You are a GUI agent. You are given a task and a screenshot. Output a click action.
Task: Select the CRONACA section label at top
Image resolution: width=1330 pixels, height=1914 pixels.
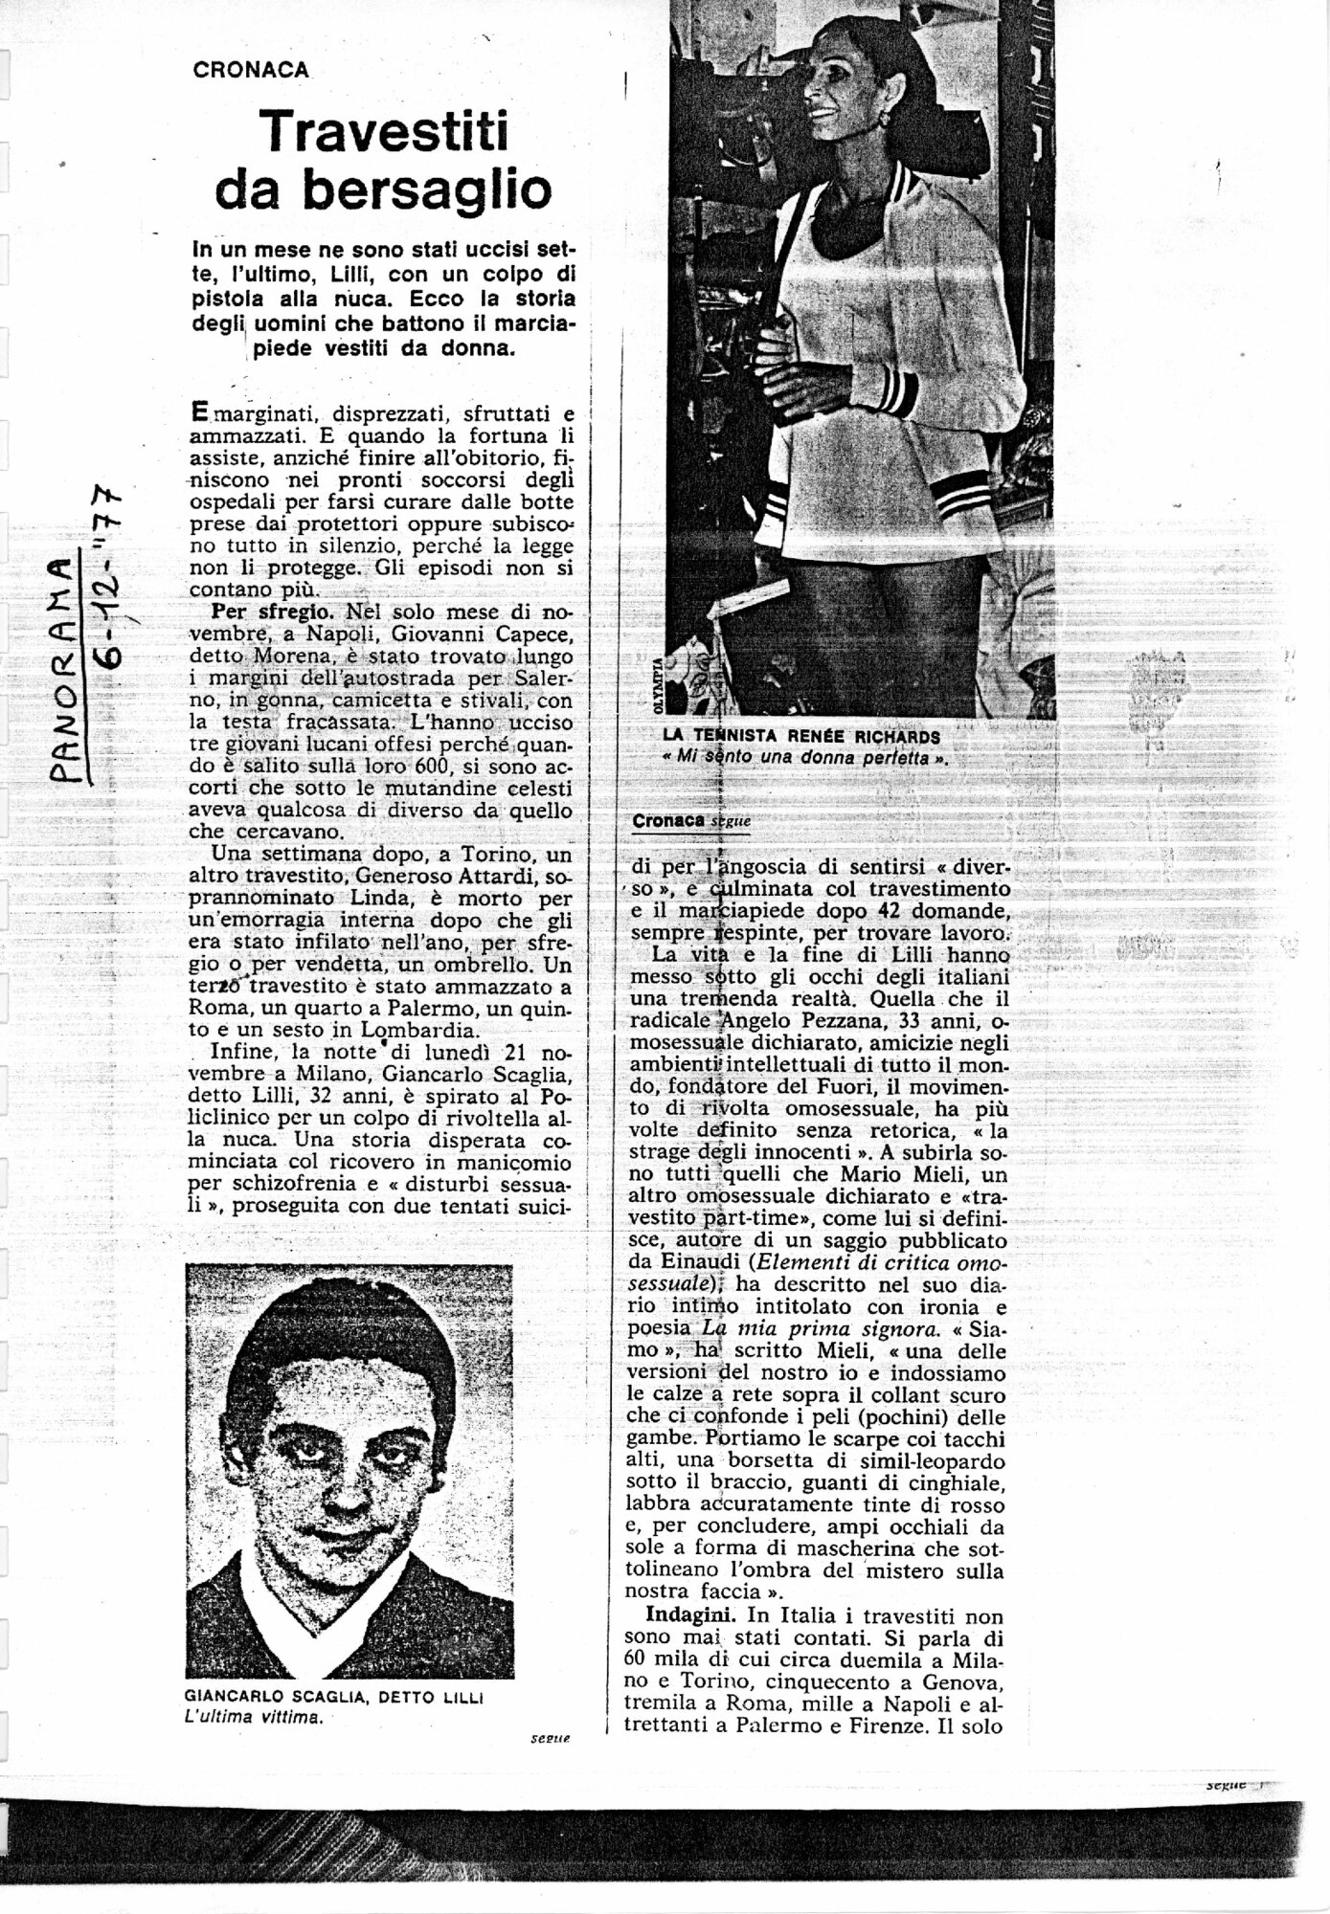pos(251,70)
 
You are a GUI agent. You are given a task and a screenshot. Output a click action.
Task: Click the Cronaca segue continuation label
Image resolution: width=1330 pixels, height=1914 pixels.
pos(690,820)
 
